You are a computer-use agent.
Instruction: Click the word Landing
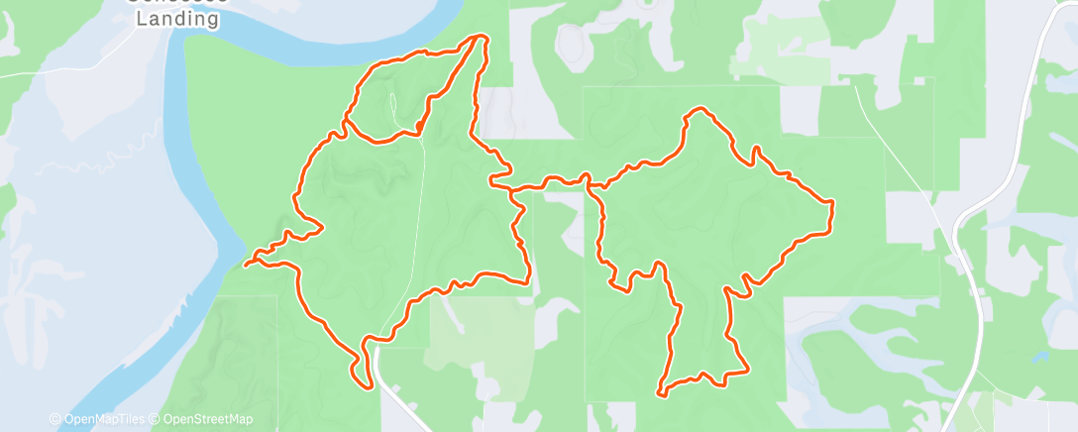177,19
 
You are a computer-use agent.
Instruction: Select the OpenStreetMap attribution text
207,419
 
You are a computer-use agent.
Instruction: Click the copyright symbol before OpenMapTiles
54,419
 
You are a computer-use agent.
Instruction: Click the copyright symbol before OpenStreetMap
157,419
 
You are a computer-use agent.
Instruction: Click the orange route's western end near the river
246,264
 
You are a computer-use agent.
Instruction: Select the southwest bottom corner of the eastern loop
659,393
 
